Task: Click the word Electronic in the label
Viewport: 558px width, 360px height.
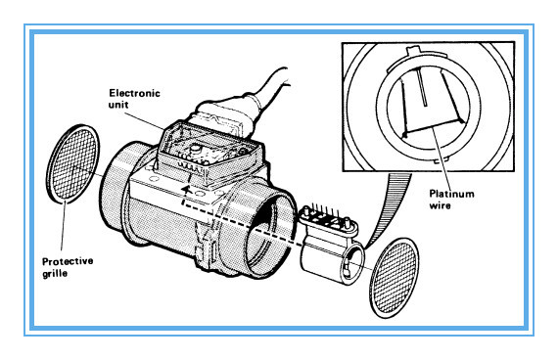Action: [134, 93]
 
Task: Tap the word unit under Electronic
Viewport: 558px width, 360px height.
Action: [118, 105]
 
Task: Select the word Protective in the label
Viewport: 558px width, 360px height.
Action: [68, 261]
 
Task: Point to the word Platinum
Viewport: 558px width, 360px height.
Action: [451, 194]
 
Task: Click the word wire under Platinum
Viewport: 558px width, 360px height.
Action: [440, 205]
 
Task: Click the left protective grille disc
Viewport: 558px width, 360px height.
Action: [73, 163]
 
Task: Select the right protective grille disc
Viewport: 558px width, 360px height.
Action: [395, 278]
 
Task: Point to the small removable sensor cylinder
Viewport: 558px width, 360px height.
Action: [332, 258]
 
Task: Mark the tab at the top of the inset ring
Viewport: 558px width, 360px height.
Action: [412, 51]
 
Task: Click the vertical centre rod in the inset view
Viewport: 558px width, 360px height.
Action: [422, 87]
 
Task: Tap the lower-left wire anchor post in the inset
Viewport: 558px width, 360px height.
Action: [404, 134]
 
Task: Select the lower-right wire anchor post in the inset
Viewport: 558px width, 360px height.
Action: [461, 121]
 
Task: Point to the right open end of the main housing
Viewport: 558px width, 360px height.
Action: [271, 235]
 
